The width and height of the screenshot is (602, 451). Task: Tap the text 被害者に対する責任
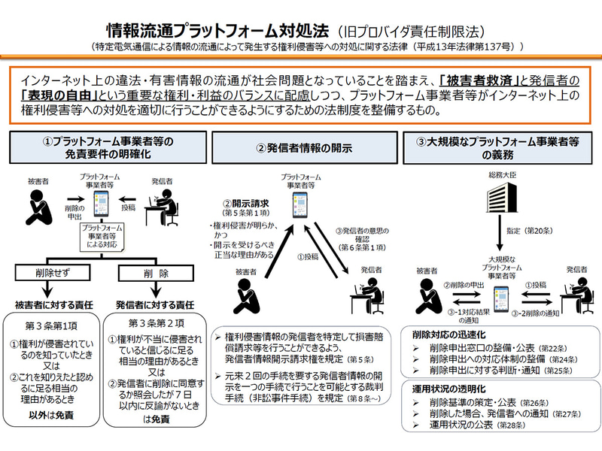click(x=53, y=305)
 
